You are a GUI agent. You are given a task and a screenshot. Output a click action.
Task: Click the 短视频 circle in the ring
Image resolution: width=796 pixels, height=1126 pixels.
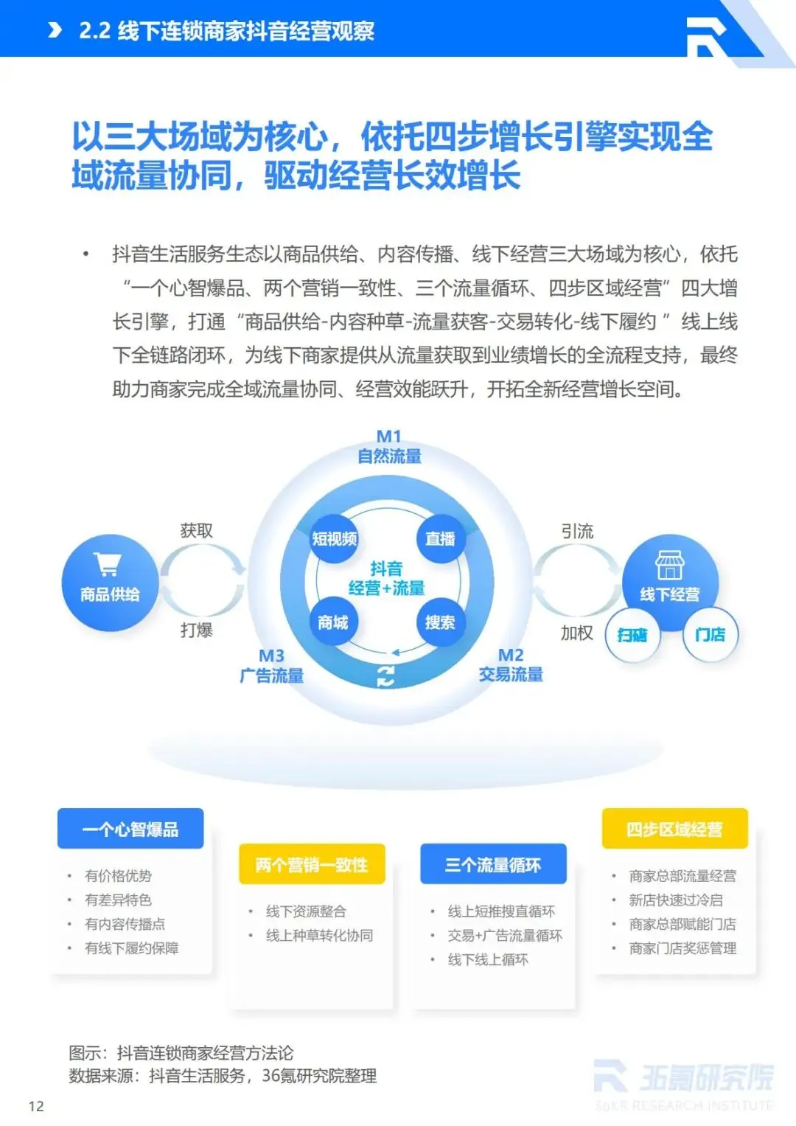click(334, 539)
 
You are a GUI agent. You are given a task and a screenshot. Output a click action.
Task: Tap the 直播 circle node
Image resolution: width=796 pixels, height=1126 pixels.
click(440, 539)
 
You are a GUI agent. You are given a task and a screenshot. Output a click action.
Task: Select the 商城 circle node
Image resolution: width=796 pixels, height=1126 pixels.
click(333, 622)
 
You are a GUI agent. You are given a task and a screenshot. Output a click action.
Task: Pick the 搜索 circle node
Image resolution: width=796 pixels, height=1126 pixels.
click(440, 622)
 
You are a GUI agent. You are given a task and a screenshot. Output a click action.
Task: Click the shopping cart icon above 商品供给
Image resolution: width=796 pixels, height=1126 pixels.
click(108, 565)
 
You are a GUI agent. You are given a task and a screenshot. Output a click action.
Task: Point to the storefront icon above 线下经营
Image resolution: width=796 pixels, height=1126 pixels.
click(670, 565)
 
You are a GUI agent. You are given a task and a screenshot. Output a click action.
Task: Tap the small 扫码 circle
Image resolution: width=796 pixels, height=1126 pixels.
click(632, 635)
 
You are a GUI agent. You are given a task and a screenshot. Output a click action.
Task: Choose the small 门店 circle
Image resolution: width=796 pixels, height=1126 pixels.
click(710, 634)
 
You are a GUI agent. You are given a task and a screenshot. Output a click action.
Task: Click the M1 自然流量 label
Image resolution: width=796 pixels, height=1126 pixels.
click(389, 447)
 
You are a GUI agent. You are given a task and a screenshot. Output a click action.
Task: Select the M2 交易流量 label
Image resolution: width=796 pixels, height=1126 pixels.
click(511, 665)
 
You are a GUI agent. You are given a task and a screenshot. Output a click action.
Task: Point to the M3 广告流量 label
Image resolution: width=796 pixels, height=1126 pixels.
click(271, 666)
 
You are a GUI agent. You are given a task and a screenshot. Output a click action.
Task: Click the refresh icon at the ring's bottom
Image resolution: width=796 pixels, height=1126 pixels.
click(385, 675)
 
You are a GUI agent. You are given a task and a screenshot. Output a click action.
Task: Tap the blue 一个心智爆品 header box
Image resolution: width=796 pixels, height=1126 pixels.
click(130, 830)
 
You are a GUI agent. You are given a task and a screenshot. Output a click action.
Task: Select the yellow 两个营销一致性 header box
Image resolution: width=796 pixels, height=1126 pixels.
click(312, 864)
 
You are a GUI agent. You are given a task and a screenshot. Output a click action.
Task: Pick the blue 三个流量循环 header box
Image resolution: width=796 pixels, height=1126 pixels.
click(493, 864)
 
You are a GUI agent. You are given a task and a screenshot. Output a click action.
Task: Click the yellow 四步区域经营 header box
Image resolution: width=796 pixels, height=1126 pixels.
click(674, 830)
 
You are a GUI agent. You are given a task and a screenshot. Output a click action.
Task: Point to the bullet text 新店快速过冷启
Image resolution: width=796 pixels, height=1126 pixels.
click(675, 900)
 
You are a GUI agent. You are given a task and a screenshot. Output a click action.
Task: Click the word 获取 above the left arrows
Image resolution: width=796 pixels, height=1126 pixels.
click(196, 531)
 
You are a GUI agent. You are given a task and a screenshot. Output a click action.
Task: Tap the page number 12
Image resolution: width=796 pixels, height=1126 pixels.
click(36, 1106)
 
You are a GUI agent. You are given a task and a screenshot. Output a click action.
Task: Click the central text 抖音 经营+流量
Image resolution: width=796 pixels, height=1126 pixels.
click(387, 578)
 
